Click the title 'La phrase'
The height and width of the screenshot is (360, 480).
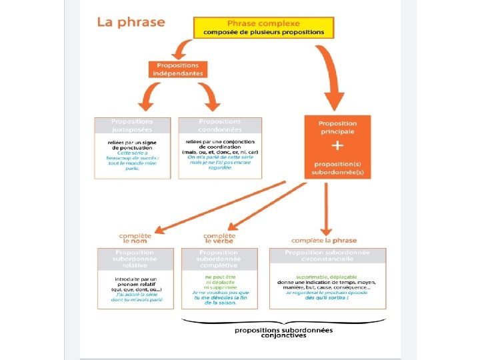pos(131,22)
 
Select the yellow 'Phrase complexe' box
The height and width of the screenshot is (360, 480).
pos(264,27)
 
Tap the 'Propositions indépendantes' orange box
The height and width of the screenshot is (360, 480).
pos(178,69)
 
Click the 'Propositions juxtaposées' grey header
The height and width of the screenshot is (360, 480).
pos(132,125)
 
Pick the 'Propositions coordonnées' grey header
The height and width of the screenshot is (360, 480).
pos(220,125)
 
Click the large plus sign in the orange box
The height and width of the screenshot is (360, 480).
pos(337,145)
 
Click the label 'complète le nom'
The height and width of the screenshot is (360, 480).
pos(135,238)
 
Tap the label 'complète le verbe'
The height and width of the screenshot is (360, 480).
pos(219,238)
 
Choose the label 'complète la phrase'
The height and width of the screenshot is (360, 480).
pos(324,240)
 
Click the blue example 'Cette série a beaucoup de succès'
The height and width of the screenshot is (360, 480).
pos(132,161)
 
